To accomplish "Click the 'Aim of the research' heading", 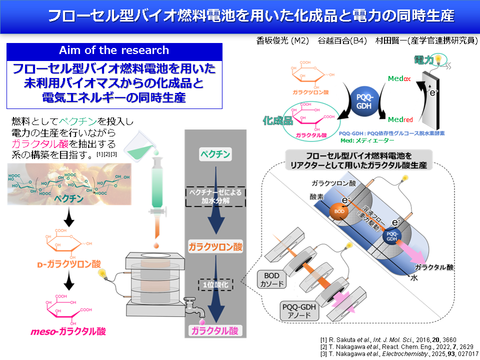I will click(x=114, y=50).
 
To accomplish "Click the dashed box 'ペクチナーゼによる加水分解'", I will click(x=215, y=196).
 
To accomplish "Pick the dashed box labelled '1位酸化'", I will click(x=216, y=284).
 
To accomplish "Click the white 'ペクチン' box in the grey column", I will click(x=215, y=153).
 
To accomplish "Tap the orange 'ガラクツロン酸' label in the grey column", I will click(x=215, y=246).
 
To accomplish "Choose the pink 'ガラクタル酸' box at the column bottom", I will click(x=215, y=330).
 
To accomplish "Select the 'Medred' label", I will click(x=400, y=119).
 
